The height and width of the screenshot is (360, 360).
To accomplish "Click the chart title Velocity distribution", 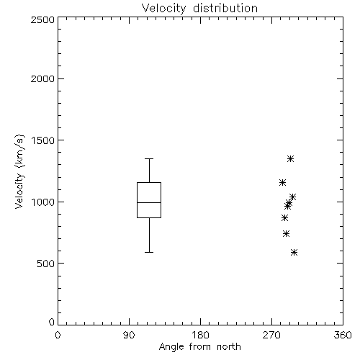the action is click(199, 9).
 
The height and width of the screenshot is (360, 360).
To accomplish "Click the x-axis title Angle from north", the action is click(199, 347).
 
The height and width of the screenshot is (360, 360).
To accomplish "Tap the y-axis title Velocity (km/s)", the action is click(19, 171).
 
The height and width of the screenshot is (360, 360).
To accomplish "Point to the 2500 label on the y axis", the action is click(42, 19).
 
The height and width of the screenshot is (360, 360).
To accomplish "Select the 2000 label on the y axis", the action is click(42, 78).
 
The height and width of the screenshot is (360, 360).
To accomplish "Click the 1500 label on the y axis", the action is click(43, 140).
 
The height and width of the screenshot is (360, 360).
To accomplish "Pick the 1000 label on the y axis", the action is click(43, 202).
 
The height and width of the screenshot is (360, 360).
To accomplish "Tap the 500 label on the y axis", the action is click(45, 264).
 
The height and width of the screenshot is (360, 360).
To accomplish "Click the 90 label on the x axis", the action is click(129, 335).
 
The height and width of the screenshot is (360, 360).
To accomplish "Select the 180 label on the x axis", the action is click(200, 335).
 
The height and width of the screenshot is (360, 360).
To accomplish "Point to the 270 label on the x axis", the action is click(271, 335).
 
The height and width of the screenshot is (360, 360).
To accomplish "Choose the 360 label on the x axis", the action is click(343, 335).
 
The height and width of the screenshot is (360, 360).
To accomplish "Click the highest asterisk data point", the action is click(291, 158).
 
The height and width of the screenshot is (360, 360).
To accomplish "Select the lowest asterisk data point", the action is click(294, 252).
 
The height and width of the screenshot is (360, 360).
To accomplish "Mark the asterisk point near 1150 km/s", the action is click(283, 182).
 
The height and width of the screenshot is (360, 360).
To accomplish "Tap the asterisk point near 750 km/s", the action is click(286, 233).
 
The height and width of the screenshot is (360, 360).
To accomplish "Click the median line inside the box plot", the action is click(149, 202).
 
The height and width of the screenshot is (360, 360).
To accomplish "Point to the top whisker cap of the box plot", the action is click(149, 158).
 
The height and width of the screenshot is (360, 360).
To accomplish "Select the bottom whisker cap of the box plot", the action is click(149, 252).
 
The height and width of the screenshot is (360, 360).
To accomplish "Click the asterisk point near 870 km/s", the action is click(285, 218).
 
